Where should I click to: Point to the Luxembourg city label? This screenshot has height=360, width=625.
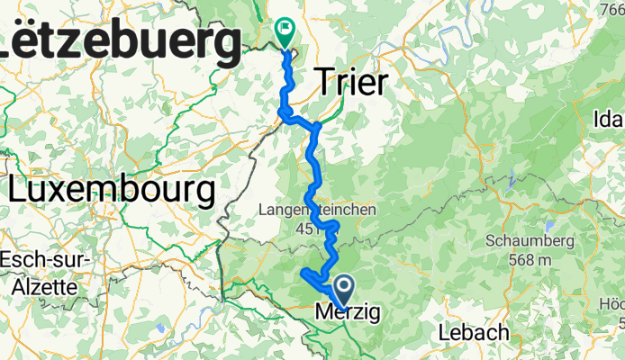click(x=113, y=190)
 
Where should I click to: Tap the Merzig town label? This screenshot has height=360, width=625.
click(x=348, y=313)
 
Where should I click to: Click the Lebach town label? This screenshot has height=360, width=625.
click(x=473, y=332)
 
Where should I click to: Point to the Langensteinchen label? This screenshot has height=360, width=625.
click(x=316, y=209)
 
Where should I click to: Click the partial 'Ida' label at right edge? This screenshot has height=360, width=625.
click(x=608, y=120)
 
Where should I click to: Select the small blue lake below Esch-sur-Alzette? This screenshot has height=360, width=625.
click(x=160, y=329)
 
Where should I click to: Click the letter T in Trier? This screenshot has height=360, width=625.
click(x=324, y=84)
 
